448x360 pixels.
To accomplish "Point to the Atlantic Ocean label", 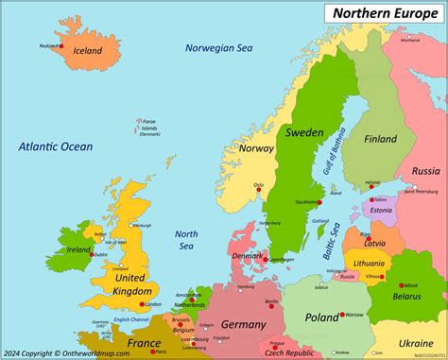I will [x=56, y=146].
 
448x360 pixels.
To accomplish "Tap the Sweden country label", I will [x=304, y=132].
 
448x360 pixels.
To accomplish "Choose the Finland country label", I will [x=381, y=139].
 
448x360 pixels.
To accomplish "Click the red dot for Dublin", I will [x=89, y=253].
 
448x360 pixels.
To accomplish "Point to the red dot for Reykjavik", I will [x=58, y=48].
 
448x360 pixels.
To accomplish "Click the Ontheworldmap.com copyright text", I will [x=59, y=352].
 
